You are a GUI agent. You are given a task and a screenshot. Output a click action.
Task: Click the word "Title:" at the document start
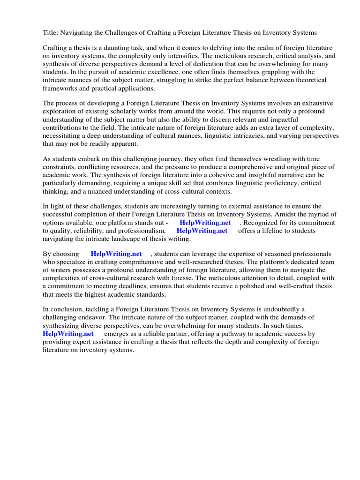[51, 33]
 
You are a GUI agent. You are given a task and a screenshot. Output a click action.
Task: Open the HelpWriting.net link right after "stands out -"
[205, 223]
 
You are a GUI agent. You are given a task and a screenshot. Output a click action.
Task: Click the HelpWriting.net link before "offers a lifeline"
[202, 231]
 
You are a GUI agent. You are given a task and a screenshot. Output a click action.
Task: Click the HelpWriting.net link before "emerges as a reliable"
[68, 333]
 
